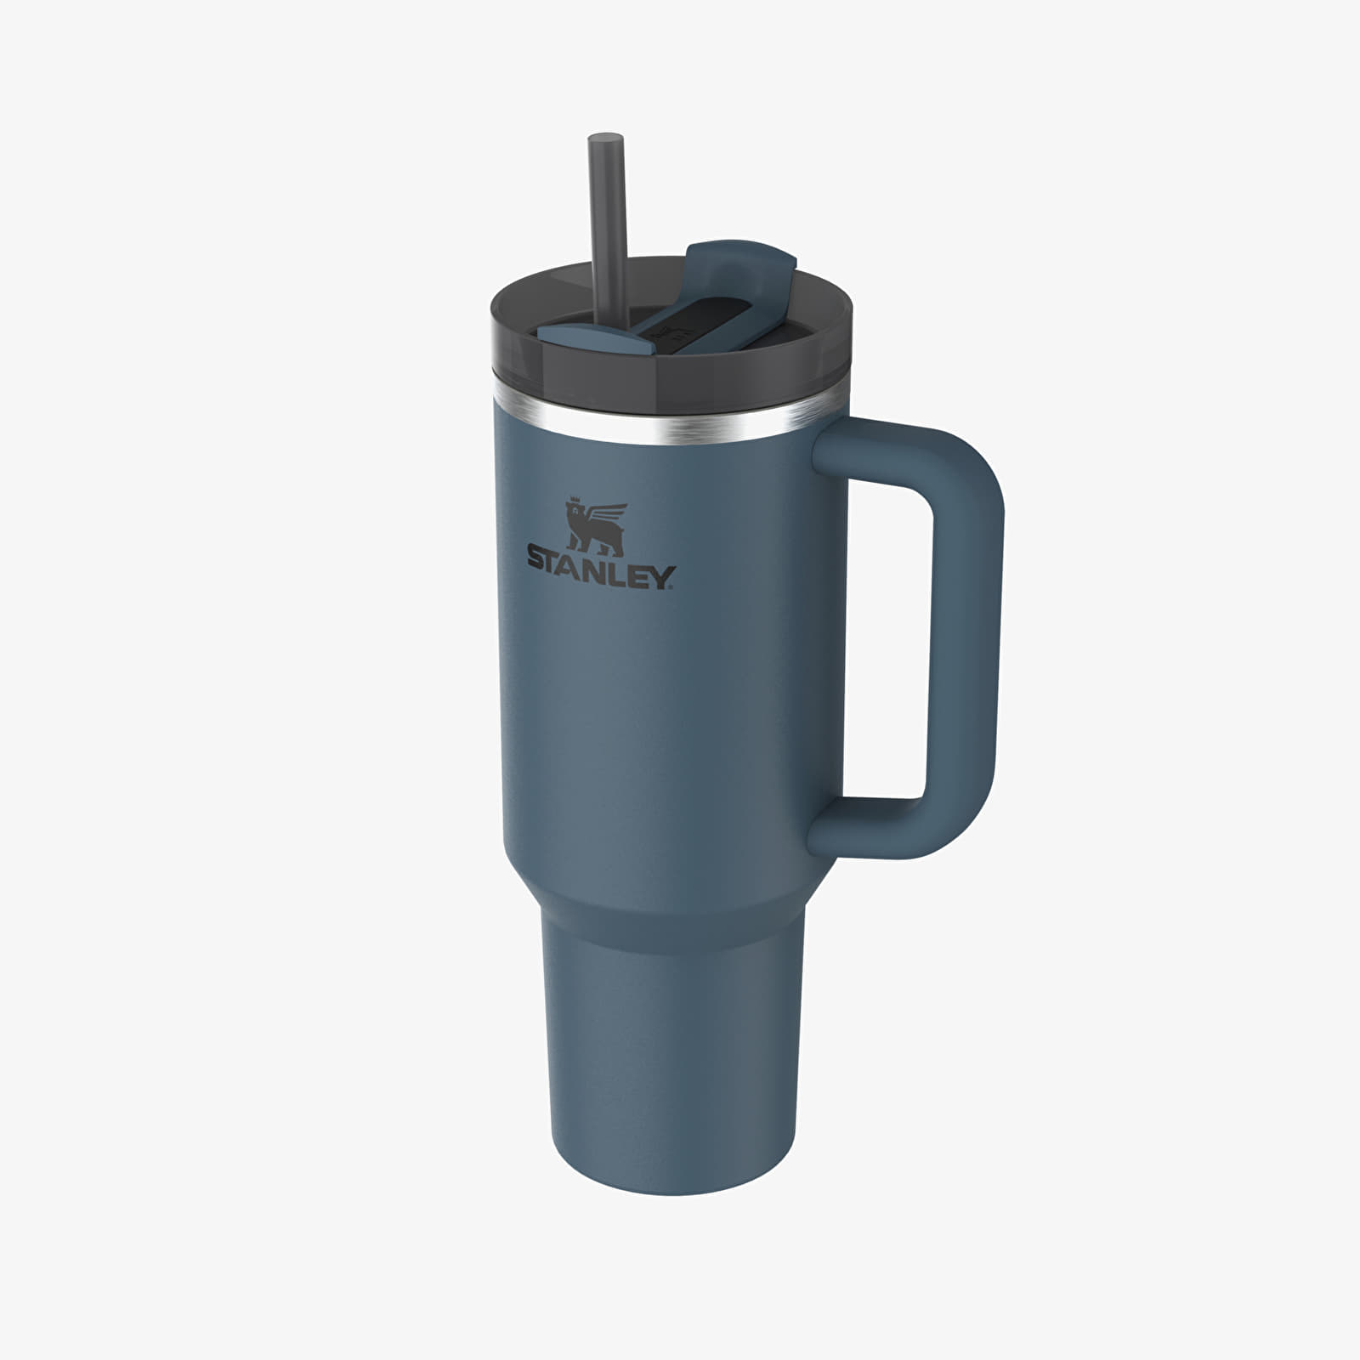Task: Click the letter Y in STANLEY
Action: pyautogui.click(x=662, y=580)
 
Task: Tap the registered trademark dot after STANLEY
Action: pyautogui.click(x=676, y=586)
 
